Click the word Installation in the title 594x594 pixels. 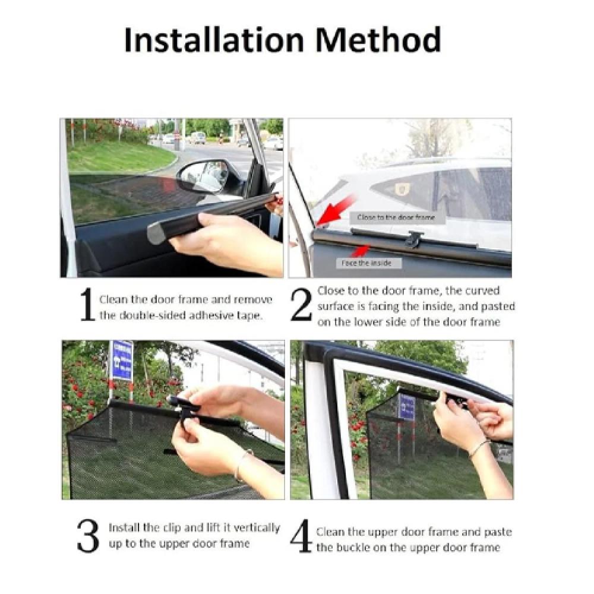click(214, 40)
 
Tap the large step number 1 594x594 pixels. click(87, 304)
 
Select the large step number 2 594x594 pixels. click(301, 305)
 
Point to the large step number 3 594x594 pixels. click(88, 535)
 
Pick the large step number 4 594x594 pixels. click(301, 535)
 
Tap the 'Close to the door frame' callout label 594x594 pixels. click(396, 217)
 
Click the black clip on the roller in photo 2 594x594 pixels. click(413, 239)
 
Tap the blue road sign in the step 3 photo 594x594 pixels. click(122, 361)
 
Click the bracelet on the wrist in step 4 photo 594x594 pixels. click(479, 448)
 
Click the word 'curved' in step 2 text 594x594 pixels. click(482, 291)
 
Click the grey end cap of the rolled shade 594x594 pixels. click(155, 233)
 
